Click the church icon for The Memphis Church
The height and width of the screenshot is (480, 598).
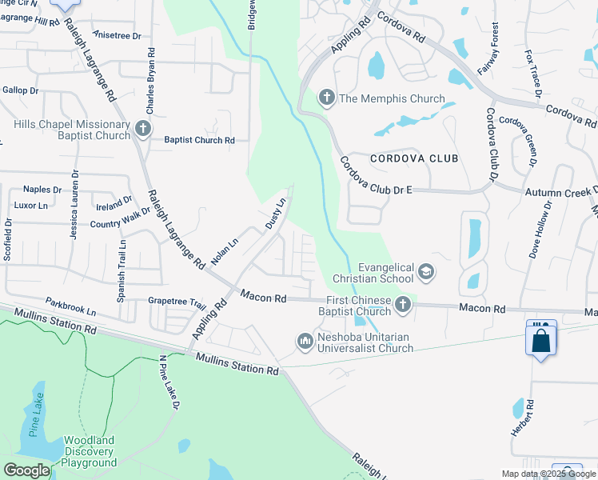point(326,98)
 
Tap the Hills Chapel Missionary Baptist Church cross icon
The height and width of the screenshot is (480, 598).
point(142,128)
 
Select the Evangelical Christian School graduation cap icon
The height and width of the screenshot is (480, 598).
point(426,272)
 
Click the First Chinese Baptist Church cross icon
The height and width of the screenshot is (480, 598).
point(403,304)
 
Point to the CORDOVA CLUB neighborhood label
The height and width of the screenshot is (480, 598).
point(414,158)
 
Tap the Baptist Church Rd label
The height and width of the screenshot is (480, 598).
point(199,140)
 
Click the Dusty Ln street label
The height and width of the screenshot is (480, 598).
point(275,214)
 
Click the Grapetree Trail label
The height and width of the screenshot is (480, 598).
point(177,302)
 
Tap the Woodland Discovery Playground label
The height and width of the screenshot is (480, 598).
point(90,451)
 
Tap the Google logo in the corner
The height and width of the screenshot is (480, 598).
point(27,470)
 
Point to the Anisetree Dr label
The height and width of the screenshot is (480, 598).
point(117,35)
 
